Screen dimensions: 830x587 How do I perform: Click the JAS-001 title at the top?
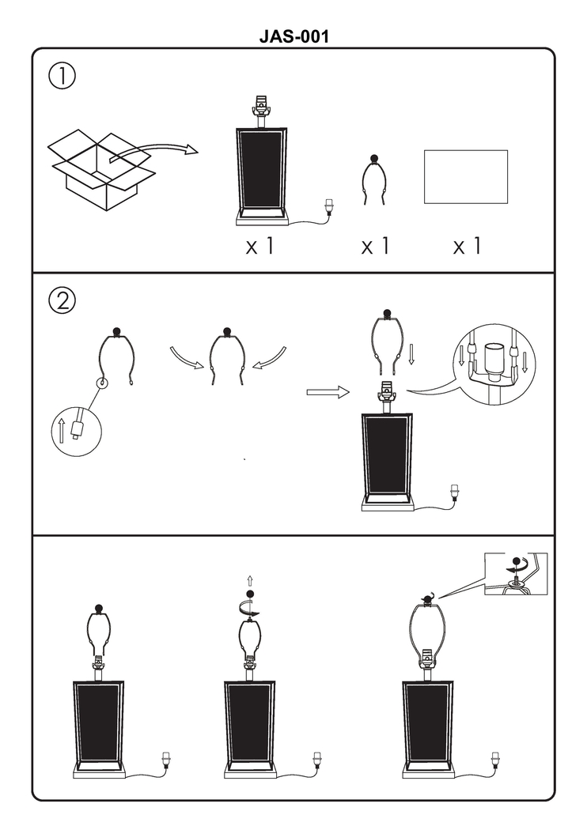tap(293, 36)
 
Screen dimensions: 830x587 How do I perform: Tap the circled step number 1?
tap(62, 77)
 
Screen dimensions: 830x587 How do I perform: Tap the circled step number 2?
tap(62, 300)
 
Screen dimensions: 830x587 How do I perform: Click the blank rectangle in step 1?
tap(465, 176)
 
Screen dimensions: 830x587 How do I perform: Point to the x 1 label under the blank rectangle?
tap(467, 247)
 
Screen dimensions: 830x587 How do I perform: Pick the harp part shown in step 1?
tap(374, 181)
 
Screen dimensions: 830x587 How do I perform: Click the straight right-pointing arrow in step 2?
tap(328, 392)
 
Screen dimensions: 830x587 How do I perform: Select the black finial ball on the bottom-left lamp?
tap(99, 608)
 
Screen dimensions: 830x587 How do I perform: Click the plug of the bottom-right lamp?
tap(496, 760)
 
